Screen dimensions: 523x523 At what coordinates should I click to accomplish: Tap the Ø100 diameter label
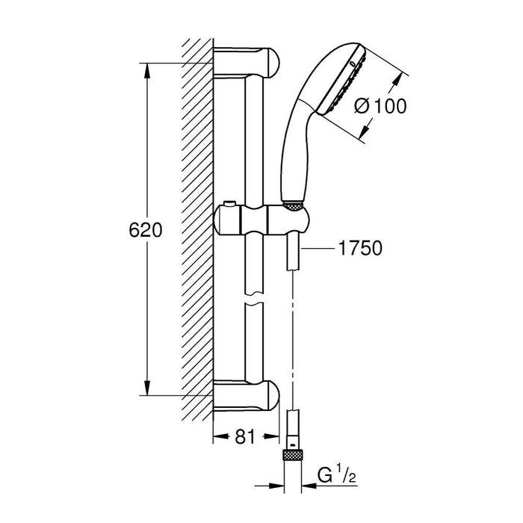(380, 106)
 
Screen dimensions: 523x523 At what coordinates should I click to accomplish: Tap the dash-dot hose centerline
(293, 336)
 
